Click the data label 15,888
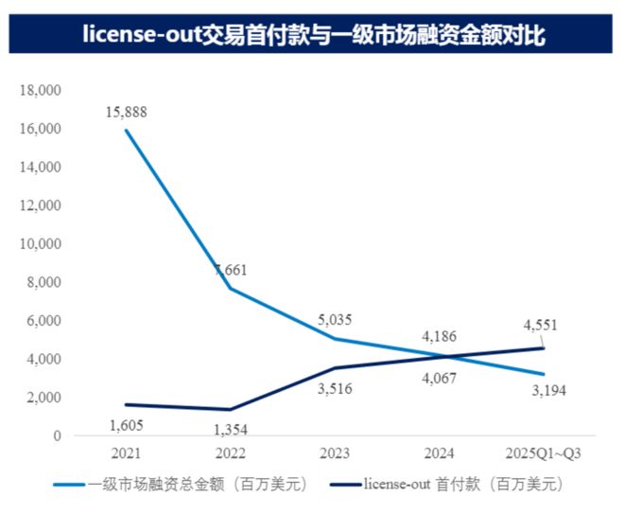click(128, 113)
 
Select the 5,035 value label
click(338, 321)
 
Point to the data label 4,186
click(440, 335)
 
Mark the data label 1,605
click(128, 426)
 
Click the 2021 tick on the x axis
click(126, 453)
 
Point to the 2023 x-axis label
click(338, 453)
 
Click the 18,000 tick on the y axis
click(41, 90)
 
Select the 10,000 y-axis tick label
click(41, 244)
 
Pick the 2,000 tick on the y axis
click(43, 398)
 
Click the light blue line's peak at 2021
click(126, 130)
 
